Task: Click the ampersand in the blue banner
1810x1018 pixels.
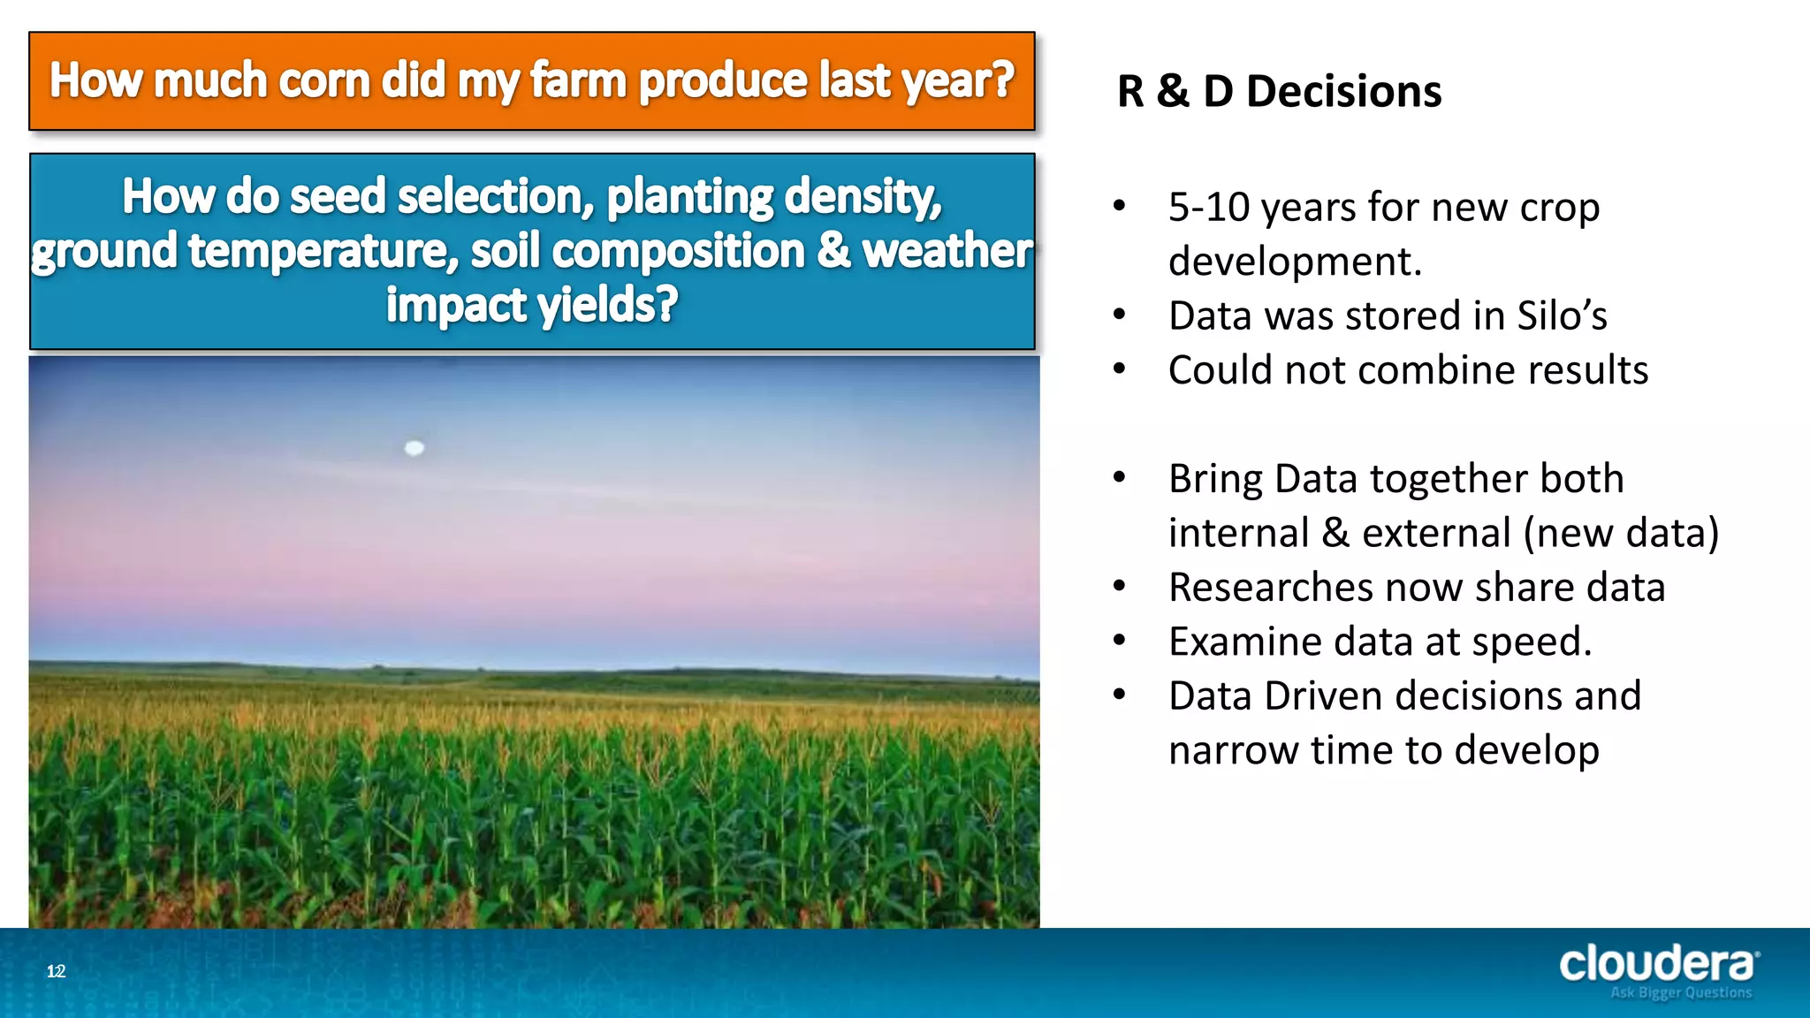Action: pos(833,251)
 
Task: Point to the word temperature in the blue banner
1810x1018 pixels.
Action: pos(323,251)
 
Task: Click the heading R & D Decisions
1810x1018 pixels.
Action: pos(1279,92)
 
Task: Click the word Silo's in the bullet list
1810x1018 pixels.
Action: pos(1562,316)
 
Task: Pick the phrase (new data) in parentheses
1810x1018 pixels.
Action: pos(1621,533)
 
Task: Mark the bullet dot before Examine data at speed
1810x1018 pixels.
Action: pos(1120,640)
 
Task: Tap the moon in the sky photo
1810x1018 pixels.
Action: pos(414,448)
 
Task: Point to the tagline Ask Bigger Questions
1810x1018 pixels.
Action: pos(1680,993)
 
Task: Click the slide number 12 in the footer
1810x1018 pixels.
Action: pos(57,971)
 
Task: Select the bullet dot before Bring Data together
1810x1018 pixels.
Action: pos(1120,477)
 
